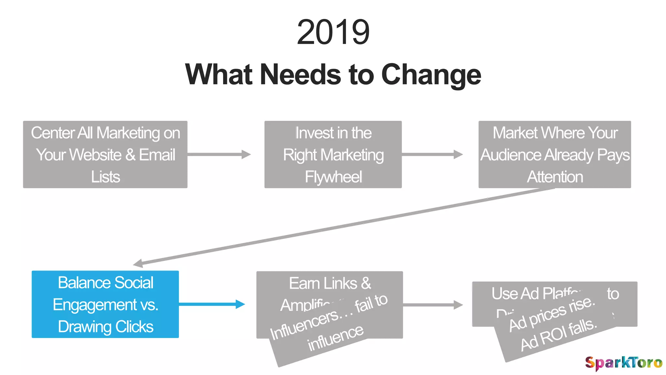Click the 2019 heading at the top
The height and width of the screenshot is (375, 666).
point(333,32)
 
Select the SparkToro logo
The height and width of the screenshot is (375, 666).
point(623,363)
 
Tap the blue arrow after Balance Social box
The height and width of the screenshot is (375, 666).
point(211,304)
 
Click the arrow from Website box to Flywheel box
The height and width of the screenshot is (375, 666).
point(219,154)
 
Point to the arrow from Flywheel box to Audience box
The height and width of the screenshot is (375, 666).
point(432,154)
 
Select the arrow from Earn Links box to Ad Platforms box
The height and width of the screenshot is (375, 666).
point(433,305)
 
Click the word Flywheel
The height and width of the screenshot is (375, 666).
point(333,177)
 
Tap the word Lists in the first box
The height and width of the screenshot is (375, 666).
point(105,177)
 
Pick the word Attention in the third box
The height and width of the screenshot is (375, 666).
point(555,177)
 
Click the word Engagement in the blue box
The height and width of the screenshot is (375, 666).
point(95,305)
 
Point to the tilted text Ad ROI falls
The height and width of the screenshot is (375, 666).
point(559,335)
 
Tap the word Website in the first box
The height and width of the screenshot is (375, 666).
point(96,155)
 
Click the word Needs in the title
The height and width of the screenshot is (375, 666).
point(301,75)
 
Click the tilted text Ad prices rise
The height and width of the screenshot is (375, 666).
point(552,314)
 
